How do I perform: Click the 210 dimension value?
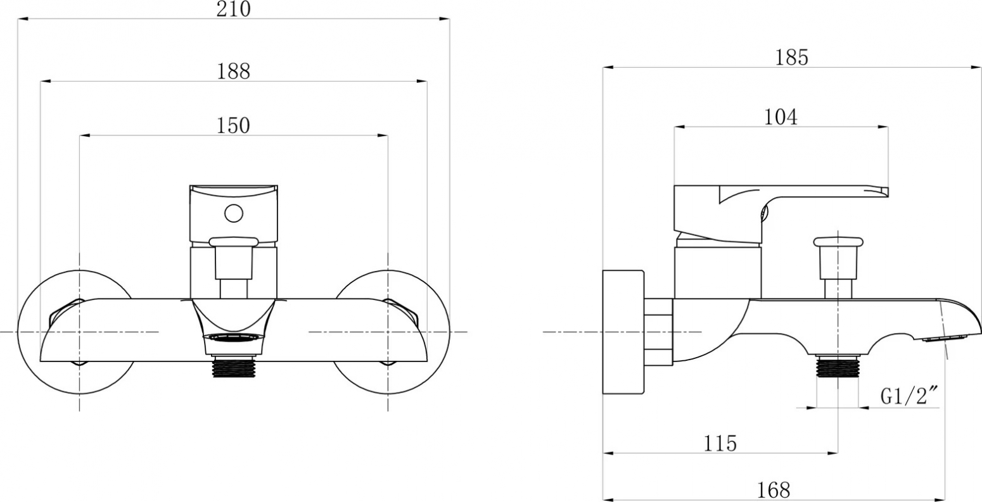(234, 9)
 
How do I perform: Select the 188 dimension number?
(234, 72)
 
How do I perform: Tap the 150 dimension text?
(234, 126)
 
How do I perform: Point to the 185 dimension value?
(792, 58)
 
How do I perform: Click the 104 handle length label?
(781, 117)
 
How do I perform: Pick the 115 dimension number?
(720, 443)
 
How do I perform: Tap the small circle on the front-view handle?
(234, 213)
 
